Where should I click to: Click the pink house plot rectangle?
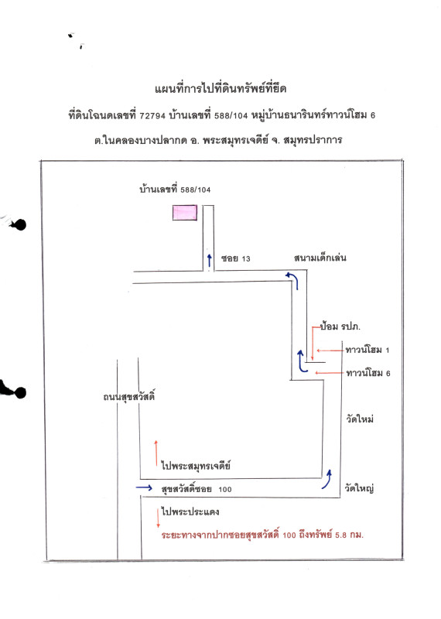(x=184, y=213)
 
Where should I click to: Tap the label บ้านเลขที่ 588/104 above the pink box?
(x=175, y=189)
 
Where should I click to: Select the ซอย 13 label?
(x=237, y=258)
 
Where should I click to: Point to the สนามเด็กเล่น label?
(x=318, y=258)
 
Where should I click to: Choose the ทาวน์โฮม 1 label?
(x=368, y=351)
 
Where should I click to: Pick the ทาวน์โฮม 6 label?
(x=368, y=374)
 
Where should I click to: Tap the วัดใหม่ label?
(x=360, y=419)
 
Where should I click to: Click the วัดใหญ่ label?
(x=360, y=488)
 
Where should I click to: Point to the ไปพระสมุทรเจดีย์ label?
(x=197, y=466)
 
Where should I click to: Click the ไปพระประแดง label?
(x=191, y=512)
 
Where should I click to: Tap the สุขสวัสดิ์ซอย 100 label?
(x=197, y=490)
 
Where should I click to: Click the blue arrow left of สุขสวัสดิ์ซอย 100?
(x=144, y=488)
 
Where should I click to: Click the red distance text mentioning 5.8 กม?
(x=262, y=535)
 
